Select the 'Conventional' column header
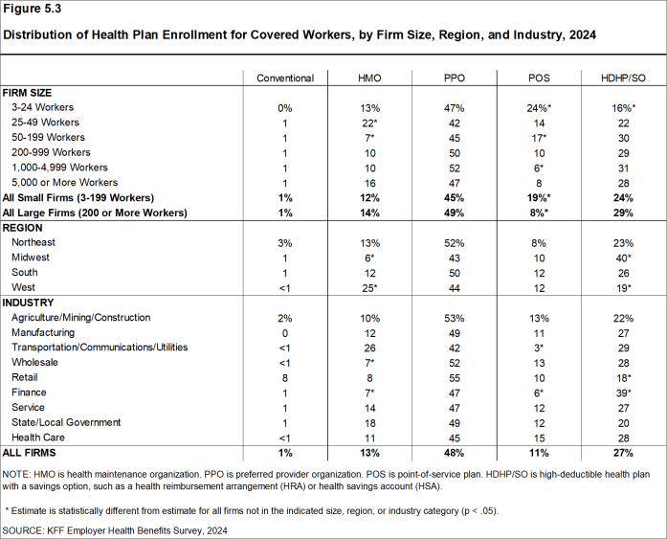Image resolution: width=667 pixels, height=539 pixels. [x=285, y=78]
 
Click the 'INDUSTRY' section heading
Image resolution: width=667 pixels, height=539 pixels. [x=30, y=303]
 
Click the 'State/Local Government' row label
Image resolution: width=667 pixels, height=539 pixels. [x=66, y=422]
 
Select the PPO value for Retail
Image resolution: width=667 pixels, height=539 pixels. [x=454, y=377]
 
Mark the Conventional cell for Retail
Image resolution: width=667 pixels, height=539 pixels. [x=285, y=377]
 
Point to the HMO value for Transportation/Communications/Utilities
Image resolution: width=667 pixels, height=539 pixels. [x=369, y=348]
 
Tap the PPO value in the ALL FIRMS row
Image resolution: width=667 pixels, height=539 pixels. [x=454, y=452]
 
